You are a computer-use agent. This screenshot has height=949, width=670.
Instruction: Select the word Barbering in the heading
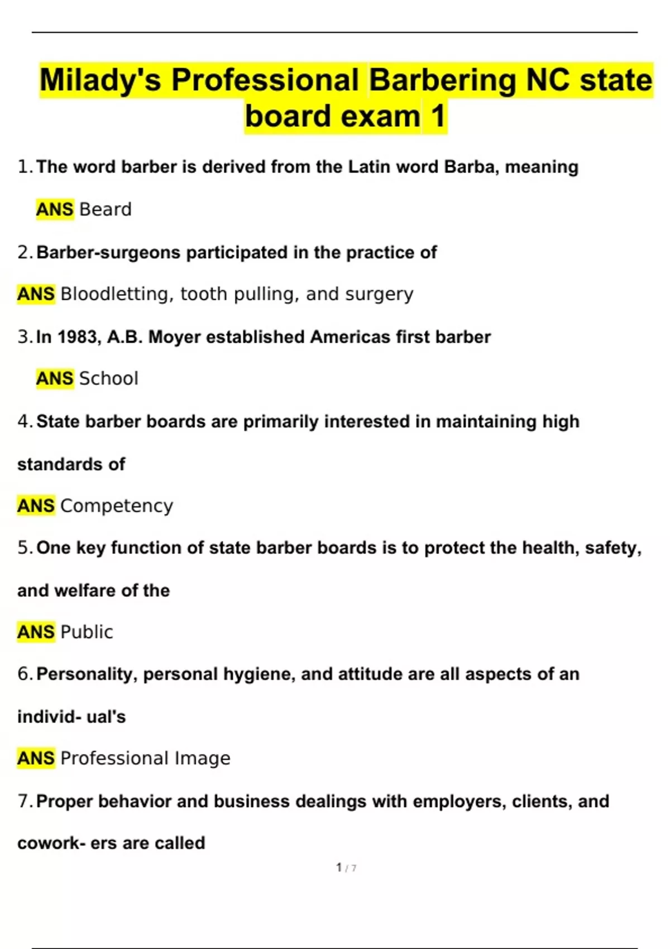[x=443, y=80]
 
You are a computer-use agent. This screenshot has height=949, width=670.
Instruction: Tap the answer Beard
[x=106, y=209]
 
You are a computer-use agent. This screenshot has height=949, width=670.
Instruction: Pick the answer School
[x=109, y=378]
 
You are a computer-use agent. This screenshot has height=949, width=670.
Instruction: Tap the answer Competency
[x=117, y=506]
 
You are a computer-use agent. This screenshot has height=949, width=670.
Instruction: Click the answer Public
[x=87, y=632]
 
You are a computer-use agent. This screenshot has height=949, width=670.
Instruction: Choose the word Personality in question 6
[x=87, y=674]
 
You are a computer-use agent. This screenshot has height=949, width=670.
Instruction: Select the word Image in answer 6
[x=203, y=758]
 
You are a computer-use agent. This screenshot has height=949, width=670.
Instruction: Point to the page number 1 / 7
[x=346, y=867]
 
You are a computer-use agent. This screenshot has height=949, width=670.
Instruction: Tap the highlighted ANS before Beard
[x=55, y=209]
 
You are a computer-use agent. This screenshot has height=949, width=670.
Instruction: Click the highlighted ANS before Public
[x=36, y=632]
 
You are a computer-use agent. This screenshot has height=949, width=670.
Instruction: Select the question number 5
[x=25, y=548]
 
